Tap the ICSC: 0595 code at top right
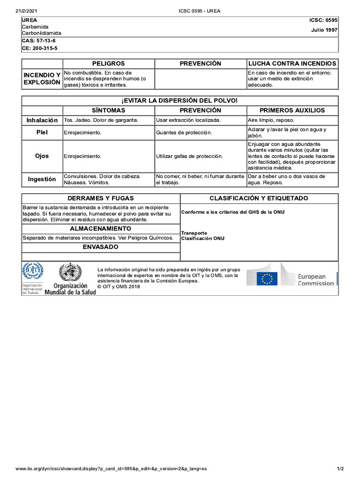pos(323,20)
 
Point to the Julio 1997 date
pos(324,30)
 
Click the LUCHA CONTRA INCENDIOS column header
pos(292,63)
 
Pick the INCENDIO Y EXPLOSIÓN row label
pos(42,79)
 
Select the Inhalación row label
pos(42,120)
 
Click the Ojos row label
pos(42,156)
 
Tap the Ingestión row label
pos(42,179)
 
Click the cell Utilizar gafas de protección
pos(189,156)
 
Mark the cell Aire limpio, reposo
pos(271,120)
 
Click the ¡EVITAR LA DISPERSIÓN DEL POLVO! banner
pos(180,101)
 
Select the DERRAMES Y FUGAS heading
pos(101,198)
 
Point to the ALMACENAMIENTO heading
pos(101,229)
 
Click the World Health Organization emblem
pos(70,272)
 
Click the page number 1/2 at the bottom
pos(340,469)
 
